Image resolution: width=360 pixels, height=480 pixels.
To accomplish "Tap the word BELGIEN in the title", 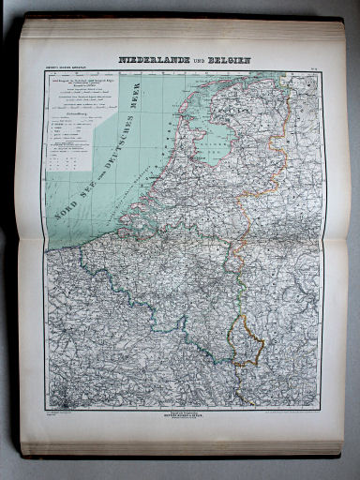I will click(x=227, y=60).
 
